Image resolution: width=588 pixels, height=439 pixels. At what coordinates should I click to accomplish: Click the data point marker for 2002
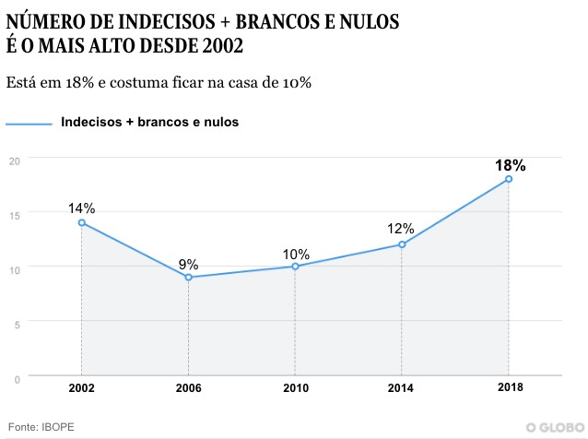coord(82,222)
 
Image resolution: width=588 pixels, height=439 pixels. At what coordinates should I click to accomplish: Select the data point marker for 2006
coord(188,277)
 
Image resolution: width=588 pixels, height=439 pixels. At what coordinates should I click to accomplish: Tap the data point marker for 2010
coord(295,267)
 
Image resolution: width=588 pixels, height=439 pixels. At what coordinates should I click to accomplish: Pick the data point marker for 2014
coord(402,244)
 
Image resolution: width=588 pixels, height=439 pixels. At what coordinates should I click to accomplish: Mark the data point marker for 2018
coord(509,179)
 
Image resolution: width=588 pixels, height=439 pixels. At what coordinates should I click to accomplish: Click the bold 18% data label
coord(510,166)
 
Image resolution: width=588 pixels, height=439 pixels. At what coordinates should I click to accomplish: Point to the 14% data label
coord(82,208)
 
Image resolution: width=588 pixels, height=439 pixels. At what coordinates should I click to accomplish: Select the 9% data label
coord(188,264)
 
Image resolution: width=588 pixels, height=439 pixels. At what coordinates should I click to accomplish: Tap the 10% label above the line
coord(295,254)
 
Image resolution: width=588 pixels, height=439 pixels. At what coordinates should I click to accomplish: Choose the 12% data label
coord(401,229)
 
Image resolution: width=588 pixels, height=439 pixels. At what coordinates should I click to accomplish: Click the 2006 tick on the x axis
coord(188,388)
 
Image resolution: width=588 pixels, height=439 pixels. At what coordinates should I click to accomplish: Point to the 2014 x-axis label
coord(402,388)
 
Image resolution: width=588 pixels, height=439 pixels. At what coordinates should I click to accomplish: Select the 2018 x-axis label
coord(509,388)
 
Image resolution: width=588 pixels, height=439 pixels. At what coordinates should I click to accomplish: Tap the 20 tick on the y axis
coord(14,160)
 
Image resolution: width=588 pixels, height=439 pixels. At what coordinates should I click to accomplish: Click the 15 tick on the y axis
coord(14,214)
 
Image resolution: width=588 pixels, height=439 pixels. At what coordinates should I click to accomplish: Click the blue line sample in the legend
coord(29,123)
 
